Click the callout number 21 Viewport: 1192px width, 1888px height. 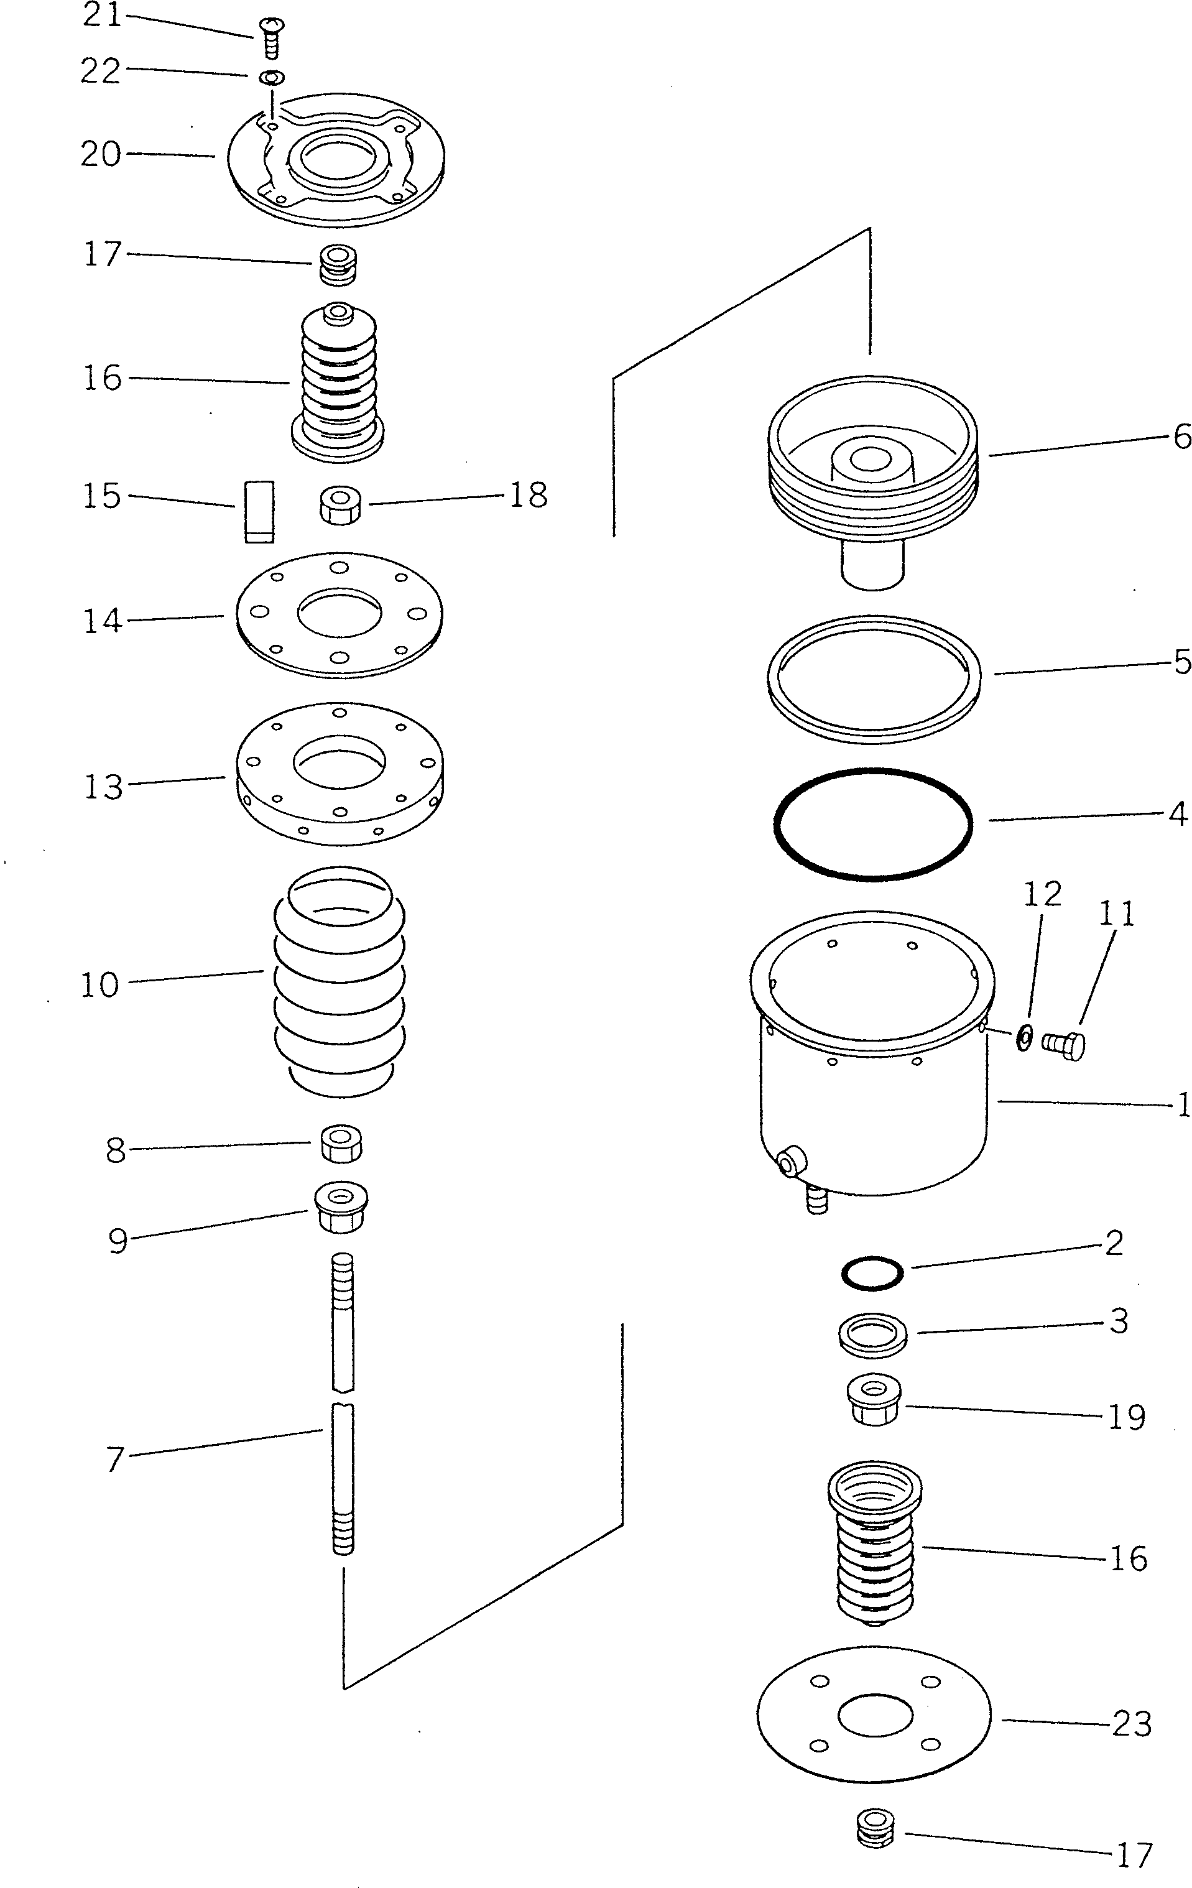pos(103,16)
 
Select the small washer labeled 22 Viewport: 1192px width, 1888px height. pos(271,78)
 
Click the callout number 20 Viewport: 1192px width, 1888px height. pos(100,154)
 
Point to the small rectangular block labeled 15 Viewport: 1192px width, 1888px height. pos(258,511)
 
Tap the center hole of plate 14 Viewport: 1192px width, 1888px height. pos(340,614)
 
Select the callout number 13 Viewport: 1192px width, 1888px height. pos(103,787)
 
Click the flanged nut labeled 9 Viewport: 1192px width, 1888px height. pos(341,1206)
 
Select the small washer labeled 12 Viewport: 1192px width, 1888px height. pos(1023,1038)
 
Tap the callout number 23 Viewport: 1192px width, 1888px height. pos(1131,1724)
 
